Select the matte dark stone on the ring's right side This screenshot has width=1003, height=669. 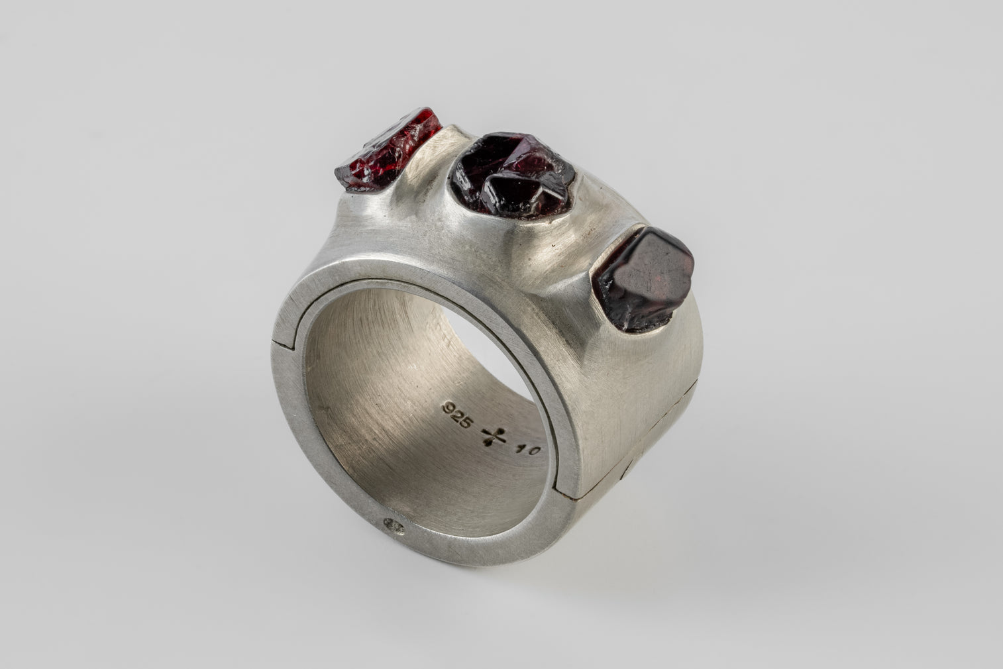click(643, 278)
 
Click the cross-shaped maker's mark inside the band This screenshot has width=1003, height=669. click(494, 435)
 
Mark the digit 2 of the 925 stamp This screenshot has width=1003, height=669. click(456, 415)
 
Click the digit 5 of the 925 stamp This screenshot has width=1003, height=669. click(466, 422)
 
